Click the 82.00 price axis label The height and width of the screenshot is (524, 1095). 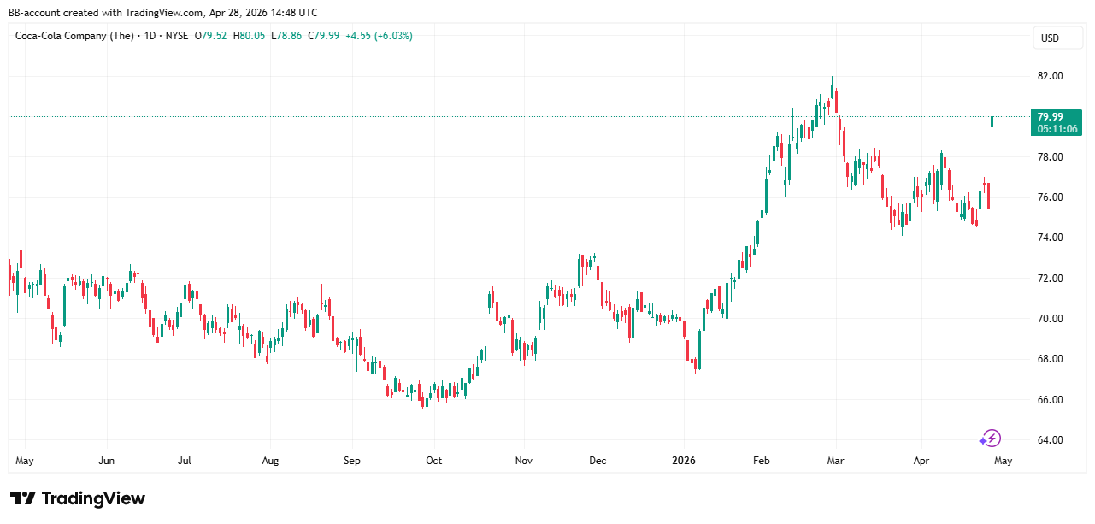click(1050, 76)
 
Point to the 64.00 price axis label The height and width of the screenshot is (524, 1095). click(1050, 440)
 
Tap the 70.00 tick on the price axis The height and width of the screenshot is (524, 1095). click(1050, 319)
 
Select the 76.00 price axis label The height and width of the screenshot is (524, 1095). click(1050, 197)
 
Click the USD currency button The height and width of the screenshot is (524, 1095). click(1049, 38)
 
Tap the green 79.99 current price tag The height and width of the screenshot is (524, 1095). click(1057, 117)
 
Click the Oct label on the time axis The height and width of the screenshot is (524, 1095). click(433, 461)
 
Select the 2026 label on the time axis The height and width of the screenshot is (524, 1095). click(684, 461)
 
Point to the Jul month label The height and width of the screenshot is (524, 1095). click(185, 461)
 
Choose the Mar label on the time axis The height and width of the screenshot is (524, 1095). click(835, 461)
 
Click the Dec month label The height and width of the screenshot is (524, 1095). click(598, 461)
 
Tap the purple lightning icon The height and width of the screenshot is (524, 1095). click(990, 439)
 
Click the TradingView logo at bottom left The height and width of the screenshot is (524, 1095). click(78, 498)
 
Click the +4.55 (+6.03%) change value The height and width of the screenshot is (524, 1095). click(379, 36)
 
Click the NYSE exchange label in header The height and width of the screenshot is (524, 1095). click(177, 36)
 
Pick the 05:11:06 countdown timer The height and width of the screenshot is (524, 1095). click(1057, 129)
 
